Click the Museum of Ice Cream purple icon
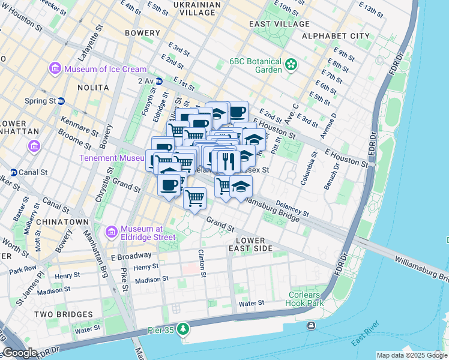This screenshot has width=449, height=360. pos(56,69)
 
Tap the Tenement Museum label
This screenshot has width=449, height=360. pos(112,158)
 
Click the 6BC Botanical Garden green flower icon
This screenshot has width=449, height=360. pos(292,64)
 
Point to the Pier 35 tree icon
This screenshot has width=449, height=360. pos(183,329)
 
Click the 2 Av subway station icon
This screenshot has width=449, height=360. pos(159,81)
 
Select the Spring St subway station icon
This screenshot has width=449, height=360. pos(61,101)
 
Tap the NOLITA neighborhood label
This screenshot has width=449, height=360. pos(93,88)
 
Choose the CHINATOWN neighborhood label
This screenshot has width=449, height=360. pos(53,222)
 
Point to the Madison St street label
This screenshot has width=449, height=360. pos(151,280)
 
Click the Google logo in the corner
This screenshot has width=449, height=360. pos(20,353)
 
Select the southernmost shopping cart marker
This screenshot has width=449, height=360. pos(194,198)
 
